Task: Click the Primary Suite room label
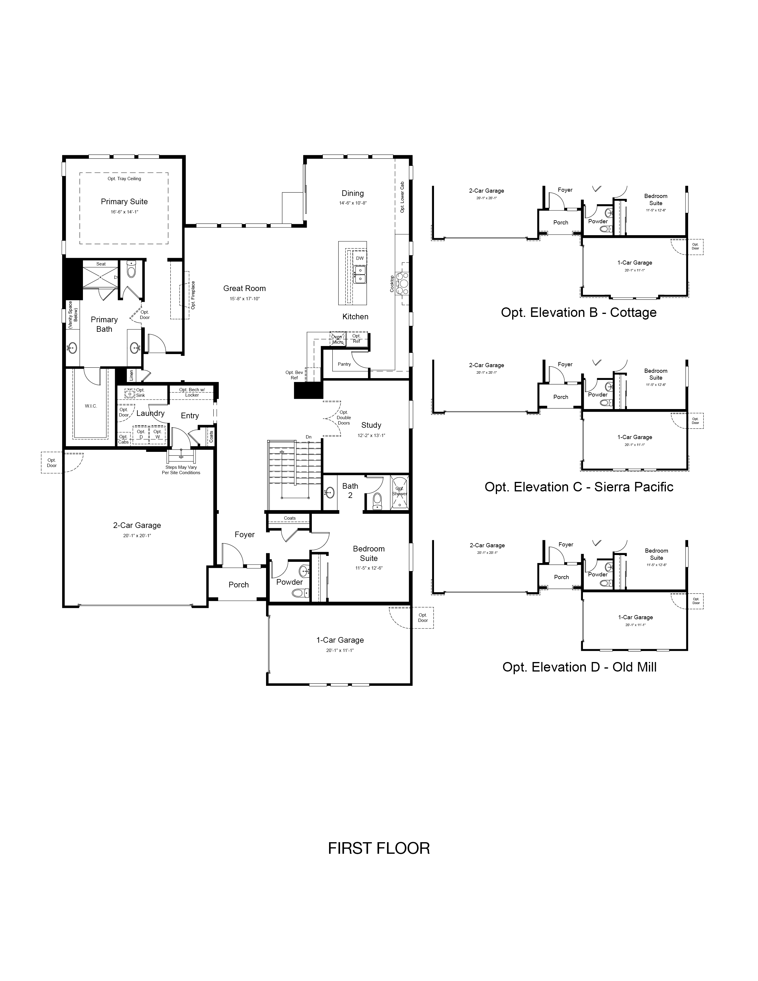pos(124,202)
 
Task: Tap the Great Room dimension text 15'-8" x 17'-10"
pos(245,299)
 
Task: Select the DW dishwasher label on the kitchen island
pos(360,258)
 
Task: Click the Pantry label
pos(345,364)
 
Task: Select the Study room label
pos(371,425)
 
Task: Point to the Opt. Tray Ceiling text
pos(124,179)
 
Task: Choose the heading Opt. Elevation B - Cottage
pos(578,313)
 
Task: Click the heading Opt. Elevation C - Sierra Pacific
pos(579,487)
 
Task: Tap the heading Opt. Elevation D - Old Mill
pos(579,667)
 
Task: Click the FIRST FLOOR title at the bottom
pos(379,848)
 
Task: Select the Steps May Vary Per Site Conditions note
pos(181,470)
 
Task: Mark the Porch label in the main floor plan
pos(238,585)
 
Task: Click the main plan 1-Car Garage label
pos(340,640)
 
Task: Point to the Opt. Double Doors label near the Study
pos(344,418)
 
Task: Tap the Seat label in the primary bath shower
pos(101,264)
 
